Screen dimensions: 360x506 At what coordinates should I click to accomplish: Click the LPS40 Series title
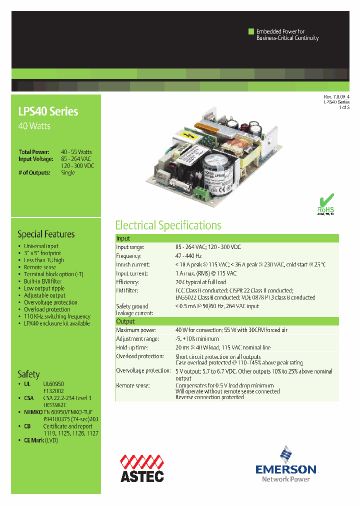(x=48, y=111)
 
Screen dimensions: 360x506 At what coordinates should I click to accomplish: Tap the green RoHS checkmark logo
(x=325, y=203)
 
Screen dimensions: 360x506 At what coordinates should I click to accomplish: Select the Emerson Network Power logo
(x=286, y=464)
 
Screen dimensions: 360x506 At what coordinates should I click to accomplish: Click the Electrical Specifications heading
(x=168, y=225)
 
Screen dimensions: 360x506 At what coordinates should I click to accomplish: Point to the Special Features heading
(x=46, y=234)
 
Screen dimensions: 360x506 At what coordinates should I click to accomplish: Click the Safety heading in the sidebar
(x=28, y=374)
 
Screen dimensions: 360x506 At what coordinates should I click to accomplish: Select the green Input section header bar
(x=227, y=238)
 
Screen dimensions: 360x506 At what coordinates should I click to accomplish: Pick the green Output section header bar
(x=227, y=321)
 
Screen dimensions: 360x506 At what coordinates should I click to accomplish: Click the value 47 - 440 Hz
(x=188, y=255)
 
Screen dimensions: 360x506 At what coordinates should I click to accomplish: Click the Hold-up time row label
(x=132, y=347)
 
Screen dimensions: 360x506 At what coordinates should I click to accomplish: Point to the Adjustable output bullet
(x=44, y=295)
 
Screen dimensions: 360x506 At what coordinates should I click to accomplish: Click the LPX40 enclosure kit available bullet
(x=56, y=323)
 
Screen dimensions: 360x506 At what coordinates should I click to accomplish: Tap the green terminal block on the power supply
(x=202, y=191)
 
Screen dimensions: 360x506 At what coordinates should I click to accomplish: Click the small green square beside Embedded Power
(x=251, y=31)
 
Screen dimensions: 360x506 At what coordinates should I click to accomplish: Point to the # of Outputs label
(x=34, y=172)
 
